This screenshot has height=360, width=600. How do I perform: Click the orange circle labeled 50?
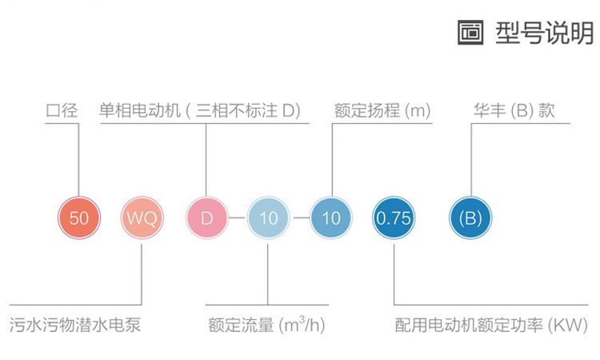(79, 218)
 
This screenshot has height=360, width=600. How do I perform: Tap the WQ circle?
(142, 218)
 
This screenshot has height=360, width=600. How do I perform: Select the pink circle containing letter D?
(206, 218)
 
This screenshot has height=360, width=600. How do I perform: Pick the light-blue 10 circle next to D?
(268, 218)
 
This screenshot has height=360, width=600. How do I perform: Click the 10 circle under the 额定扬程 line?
(330, 218)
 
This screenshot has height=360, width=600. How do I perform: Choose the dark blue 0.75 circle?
(394, 218)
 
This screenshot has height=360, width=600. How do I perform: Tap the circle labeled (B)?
(470, 218)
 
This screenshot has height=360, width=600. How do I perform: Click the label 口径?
(62, 111)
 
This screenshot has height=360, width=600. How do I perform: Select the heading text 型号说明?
(544, 33)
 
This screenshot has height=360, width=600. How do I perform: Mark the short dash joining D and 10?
(238, 218)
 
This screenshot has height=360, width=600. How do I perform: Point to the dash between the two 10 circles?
(300, 218)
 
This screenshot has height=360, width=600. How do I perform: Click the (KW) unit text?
(567, 326)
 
